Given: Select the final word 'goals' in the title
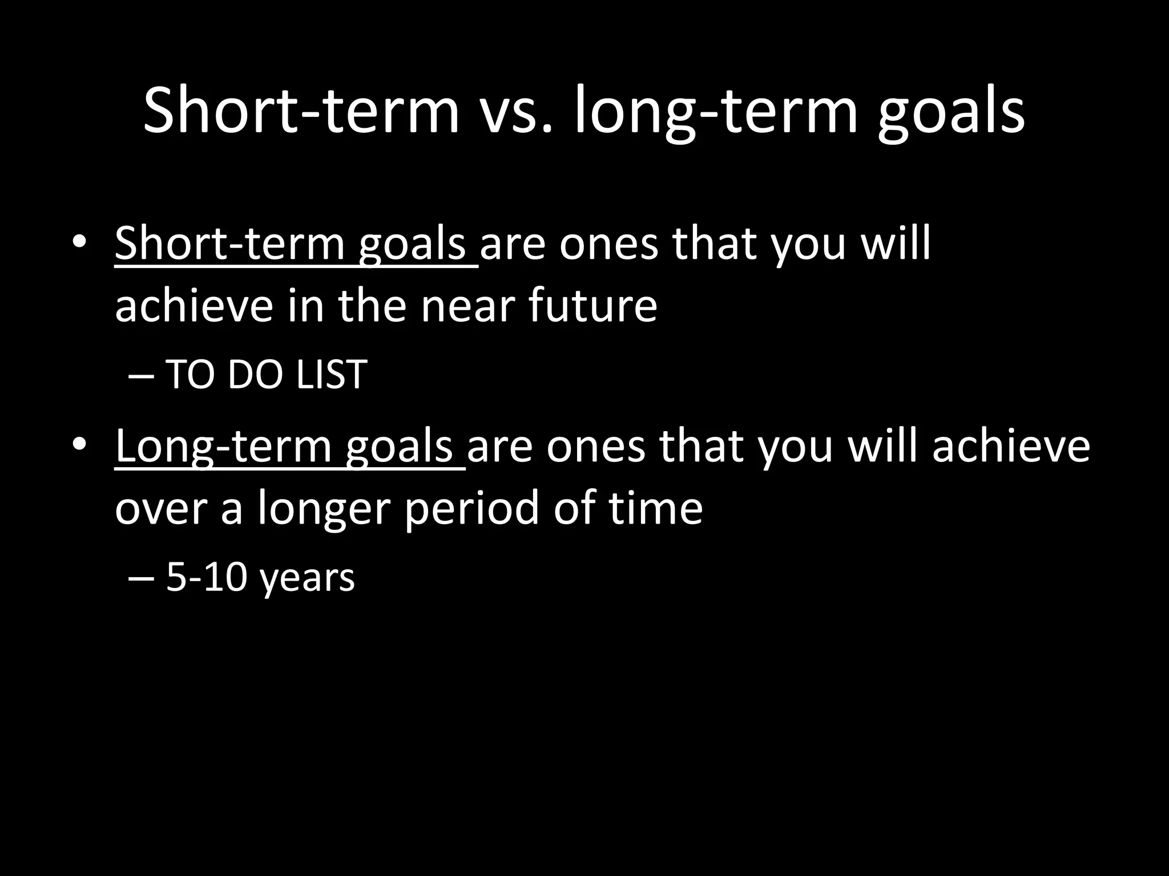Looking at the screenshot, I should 951,114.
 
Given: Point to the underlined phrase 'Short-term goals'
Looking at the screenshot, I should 296,244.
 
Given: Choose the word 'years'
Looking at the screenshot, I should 307,579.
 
